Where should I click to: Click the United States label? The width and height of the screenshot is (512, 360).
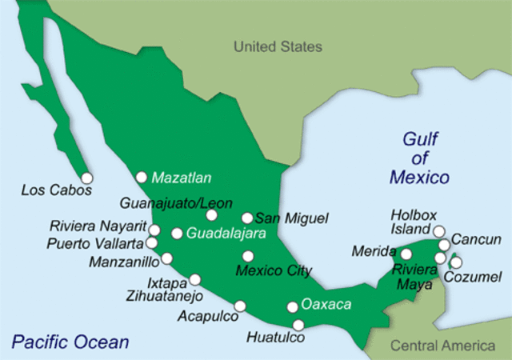278,46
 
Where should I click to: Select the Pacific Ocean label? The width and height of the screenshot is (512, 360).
70,342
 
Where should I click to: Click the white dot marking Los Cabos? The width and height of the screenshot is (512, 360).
86,178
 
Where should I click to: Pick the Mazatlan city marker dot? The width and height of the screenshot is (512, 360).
142,177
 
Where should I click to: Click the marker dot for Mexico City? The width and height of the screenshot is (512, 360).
248,256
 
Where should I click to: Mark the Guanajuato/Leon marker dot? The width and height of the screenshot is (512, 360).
211,214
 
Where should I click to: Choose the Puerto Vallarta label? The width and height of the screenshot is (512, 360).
95,242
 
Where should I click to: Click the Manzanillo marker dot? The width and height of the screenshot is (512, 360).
166,258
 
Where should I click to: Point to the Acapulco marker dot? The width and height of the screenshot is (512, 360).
240,306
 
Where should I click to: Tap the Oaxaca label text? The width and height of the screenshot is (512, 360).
326,305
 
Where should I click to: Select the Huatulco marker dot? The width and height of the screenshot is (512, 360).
298,324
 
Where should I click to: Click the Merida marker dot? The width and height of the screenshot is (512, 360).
406,254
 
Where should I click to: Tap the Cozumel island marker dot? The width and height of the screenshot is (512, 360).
456,262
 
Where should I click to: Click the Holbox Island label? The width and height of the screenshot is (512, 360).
412,222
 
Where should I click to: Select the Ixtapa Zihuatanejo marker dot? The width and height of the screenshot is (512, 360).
194,279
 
